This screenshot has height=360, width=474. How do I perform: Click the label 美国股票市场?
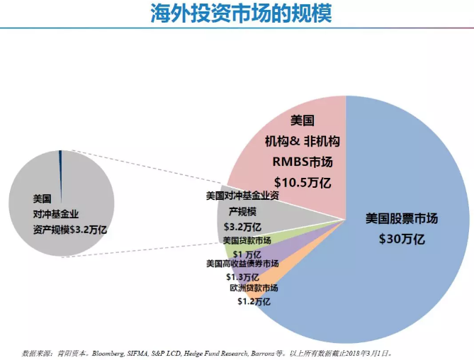click(401, 218)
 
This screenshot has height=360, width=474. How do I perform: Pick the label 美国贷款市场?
click(242, 240)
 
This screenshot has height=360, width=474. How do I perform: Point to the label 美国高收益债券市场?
click(242, 264)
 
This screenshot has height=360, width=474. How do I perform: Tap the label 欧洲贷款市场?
click(254, 288)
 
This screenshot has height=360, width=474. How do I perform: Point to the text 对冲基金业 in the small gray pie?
click(55, 213)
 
